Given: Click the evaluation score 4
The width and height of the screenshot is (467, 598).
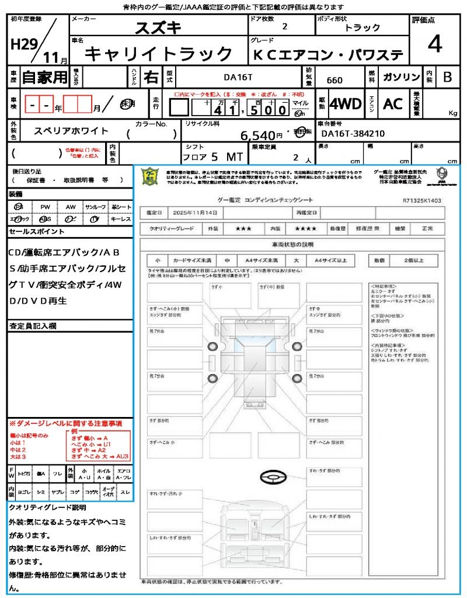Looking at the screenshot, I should (434, 44).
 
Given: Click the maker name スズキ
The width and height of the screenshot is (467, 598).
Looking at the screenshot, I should (158, 27).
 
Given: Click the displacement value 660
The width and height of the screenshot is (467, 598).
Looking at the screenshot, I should (334, 80).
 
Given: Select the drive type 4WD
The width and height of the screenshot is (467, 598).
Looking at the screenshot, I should (346, 104).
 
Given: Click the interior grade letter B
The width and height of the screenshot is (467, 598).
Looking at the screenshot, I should (447, 77).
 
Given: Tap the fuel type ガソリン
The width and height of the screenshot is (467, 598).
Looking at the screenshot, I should (401, 77).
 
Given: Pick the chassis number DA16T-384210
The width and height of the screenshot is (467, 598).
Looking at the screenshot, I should (353, 134).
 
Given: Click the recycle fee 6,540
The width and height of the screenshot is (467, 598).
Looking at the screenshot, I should (257, 135).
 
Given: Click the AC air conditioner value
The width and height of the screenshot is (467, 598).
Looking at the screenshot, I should (393, 104).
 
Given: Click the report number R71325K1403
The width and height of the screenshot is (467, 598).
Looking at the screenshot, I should (421, 200).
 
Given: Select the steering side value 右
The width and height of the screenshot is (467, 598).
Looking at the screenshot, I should (151, 77).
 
